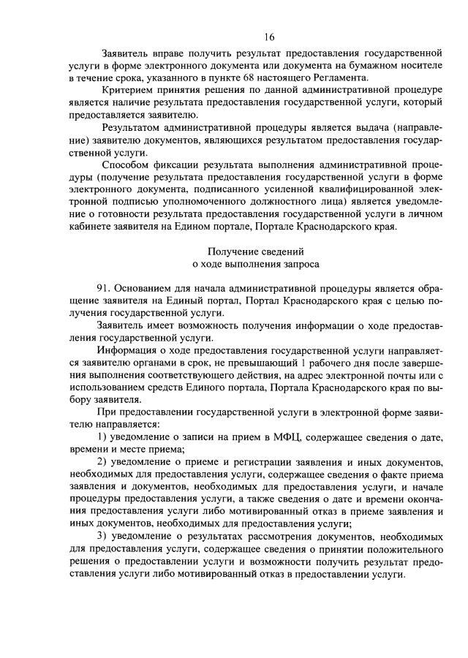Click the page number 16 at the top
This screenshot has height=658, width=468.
coord(269,37)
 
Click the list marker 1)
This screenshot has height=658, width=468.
coord(102,439)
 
